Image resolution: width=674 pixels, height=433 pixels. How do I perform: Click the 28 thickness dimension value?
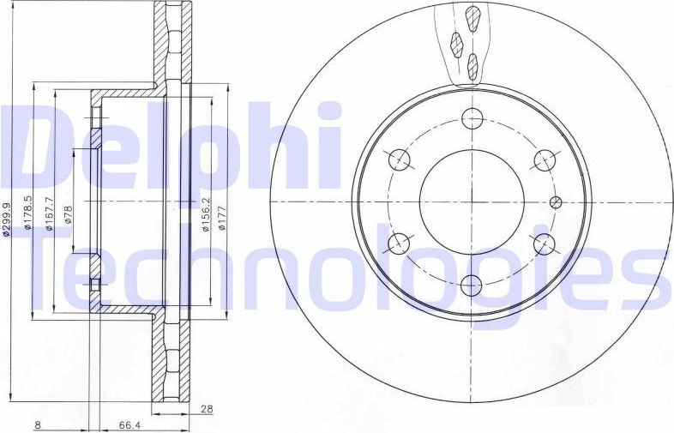[205, 409]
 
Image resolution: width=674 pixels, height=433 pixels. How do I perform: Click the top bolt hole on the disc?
[471, 119]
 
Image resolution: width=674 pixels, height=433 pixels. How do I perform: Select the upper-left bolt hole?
[399, 160]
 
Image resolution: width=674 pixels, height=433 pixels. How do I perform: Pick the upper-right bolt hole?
[543, 160]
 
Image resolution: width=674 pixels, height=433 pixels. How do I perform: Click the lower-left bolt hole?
[399, 244]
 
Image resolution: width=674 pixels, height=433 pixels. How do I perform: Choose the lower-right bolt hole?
[543, 244]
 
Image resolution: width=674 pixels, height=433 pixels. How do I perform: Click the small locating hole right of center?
[555, 202]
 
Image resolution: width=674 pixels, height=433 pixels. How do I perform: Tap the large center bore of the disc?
[471, 202]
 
